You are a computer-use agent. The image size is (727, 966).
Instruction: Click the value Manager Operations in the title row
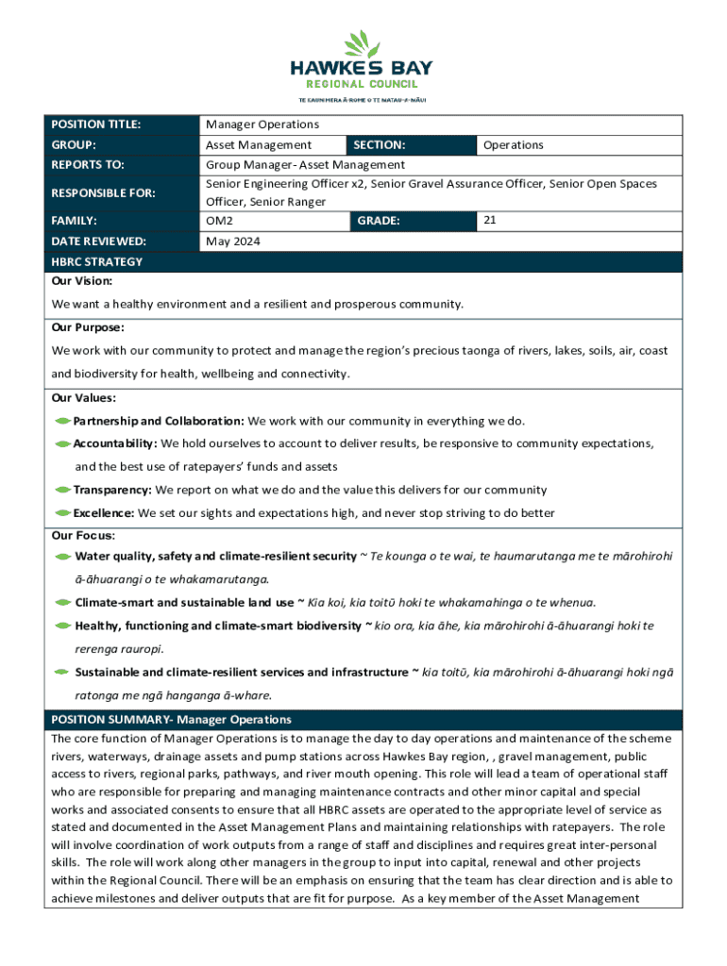(x=262, y=125)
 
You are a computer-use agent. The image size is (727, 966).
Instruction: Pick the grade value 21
(x=490, y=220)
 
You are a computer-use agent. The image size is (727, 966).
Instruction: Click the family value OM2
(x=220, y=221)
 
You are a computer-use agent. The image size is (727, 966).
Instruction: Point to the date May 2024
(x=233, y=241)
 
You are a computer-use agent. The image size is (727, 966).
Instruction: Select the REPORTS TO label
(x=88, y=165)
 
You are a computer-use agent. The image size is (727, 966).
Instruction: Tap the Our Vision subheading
(x=82, y=281)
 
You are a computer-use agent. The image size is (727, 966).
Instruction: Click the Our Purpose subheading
(x=88, y=327)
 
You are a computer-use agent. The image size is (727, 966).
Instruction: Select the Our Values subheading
(x=84, y=397)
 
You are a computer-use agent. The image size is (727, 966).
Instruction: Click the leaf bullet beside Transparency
(x=63, y=491)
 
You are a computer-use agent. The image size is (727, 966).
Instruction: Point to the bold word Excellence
(x=104, y=513)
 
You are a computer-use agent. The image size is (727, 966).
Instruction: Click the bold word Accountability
(x=114, y=443)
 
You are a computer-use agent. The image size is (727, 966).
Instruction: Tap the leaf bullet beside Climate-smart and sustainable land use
(x=63, y=602)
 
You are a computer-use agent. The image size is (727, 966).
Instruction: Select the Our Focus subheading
(x=83, y=536)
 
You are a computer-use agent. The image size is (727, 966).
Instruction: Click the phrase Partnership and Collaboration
(x=159, y=421)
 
